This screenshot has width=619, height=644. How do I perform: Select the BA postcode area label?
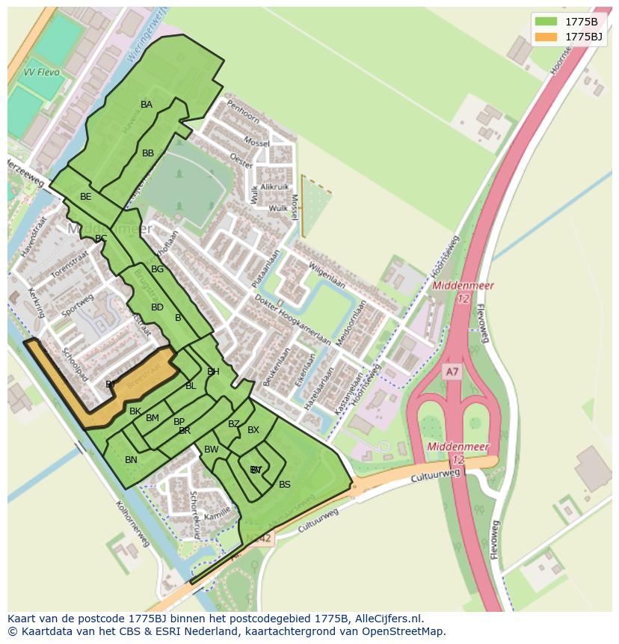click(147, 105)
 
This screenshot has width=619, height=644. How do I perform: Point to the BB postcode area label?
click(148, 153)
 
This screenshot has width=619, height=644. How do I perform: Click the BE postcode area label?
click(86, 197)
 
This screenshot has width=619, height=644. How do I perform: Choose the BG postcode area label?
click(157, 269)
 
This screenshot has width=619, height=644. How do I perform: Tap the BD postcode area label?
click(157, 307)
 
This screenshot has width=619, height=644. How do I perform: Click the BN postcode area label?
click(131, 460)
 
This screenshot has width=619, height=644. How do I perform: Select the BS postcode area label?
click(284, 485)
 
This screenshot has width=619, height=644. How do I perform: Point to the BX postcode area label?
click(253, 430)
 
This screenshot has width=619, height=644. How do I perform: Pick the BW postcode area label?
click(212, 450)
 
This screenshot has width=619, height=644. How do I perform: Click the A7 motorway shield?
click(452, 372)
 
